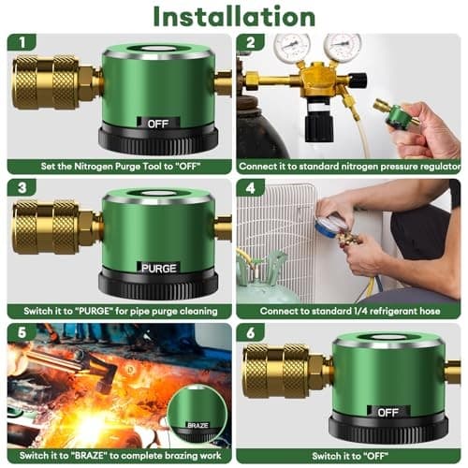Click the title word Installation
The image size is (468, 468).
(233, 17)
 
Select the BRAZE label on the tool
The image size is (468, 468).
(197, 424)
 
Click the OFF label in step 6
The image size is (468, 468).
(387, 411)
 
